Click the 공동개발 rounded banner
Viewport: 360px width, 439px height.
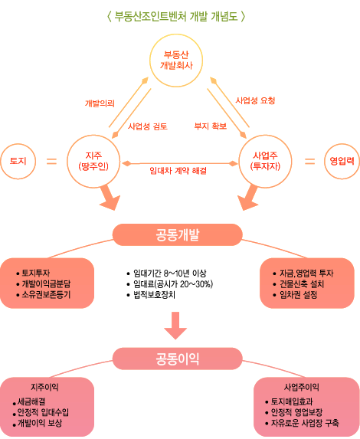click(177, 234)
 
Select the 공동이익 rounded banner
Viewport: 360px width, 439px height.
click(177, 359)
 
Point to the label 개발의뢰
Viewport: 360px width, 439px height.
click(100, 103)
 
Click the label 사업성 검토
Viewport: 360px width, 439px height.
click(148, 126)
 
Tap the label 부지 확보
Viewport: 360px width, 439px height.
click(211, 126)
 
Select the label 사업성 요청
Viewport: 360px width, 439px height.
click(255, 100)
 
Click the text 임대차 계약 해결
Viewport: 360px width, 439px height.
click(178, 171)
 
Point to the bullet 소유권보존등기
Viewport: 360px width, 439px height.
click(46, 295)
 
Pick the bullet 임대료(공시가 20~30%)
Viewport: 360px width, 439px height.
click(173, 284)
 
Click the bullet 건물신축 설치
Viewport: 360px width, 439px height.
click(302, 284)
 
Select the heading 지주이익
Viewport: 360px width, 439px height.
click(44, 387)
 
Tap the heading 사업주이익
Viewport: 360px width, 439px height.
click(302, 387)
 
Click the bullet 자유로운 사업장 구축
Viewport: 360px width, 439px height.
click(305, 423)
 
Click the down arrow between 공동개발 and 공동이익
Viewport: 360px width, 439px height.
click(175, 326)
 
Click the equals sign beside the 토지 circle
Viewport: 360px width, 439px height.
click(51, 161)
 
